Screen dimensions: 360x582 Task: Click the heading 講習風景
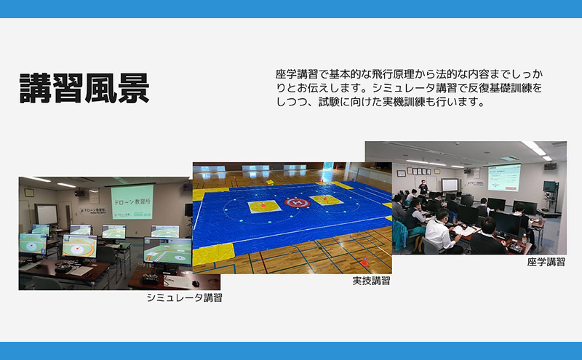click(84, 89)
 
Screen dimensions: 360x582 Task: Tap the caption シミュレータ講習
click(184, 297)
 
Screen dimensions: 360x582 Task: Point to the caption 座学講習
click(546, 261)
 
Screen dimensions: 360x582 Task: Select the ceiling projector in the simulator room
click(79, 193)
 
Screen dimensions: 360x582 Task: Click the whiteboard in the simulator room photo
click(47, 214)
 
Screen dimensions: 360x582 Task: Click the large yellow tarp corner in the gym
click(213, 253)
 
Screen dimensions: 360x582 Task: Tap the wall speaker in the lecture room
click(550, 166)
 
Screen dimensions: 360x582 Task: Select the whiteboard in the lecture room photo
click(450, 185)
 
